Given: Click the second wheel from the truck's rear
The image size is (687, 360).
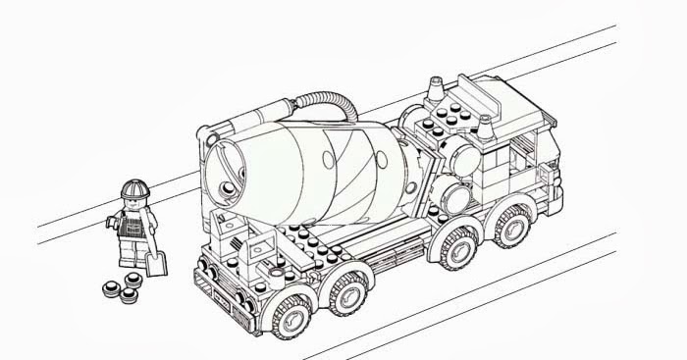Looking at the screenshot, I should [345, 291].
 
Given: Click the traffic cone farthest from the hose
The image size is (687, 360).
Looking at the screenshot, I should [485, 128].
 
